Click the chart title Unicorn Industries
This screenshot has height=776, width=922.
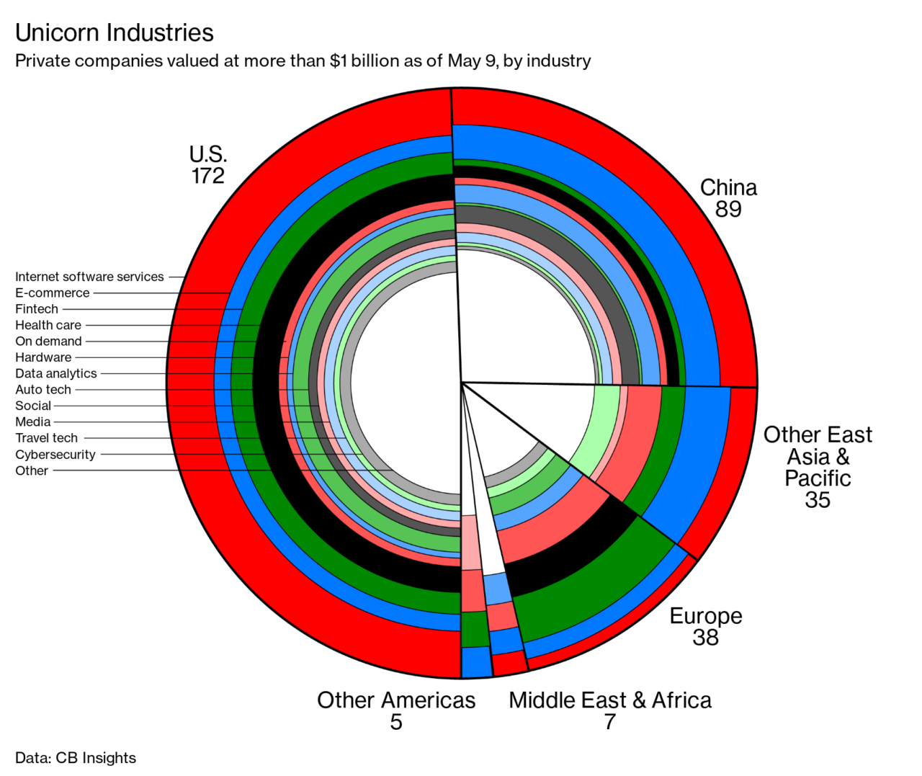[x=115, y=33]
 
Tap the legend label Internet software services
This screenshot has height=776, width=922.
[x=89, y=277]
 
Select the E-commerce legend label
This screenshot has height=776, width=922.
[x=53, y=293]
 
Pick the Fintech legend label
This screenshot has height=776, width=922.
[x=37, y=309]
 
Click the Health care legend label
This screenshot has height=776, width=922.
[x=48, y=326]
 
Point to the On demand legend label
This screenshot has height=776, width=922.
[x=48, y=342]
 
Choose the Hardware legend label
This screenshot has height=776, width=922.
[x=43, y=357]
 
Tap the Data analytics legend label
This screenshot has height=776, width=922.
[x=56, y=374]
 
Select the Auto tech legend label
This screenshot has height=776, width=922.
[x=43, y=390]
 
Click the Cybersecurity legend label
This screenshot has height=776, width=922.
[x=55, y=455]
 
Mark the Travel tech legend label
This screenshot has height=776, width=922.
[x=47, y=438]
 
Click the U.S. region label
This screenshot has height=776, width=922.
[x=208, y=154]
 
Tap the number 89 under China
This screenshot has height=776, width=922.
[x=728, y=209]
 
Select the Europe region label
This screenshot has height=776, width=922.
[x=706, y=616]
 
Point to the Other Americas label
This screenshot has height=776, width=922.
[x=396, y=700]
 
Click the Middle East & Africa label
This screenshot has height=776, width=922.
[x=610, y=700]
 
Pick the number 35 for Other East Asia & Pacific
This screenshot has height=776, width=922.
[x=818, y=500]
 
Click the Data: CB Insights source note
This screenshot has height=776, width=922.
[x=76, y=758]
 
